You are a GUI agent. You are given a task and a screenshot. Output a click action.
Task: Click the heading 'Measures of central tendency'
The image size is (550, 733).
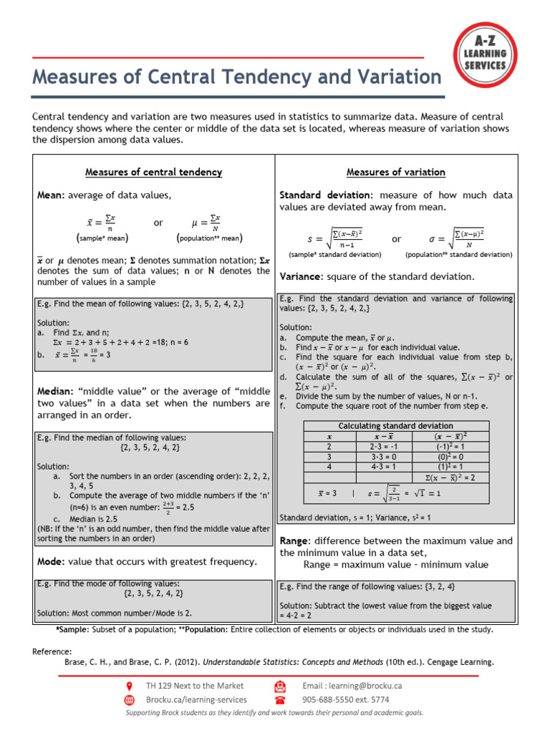click(x=153, y=173)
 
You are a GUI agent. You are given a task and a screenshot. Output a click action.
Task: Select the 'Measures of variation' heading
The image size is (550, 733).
click(x=395, y=173)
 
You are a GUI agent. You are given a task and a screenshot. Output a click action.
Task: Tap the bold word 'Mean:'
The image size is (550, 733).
click(x=51, y=195)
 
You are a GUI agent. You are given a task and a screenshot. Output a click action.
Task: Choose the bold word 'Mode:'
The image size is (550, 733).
click(x=52, y=562)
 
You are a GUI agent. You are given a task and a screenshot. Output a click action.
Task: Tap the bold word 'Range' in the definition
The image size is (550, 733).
click(x=294, y=541)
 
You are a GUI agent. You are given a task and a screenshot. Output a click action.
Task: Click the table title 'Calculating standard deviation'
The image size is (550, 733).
click(x=395, y=426)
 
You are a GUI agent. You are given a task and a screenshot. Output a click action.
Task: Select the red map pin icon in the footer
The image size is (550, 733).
click(x=130, y=686)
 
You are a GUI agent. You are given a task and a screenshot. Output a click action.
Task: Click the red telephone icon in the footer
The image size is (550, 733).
click(x=280, y=700)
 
